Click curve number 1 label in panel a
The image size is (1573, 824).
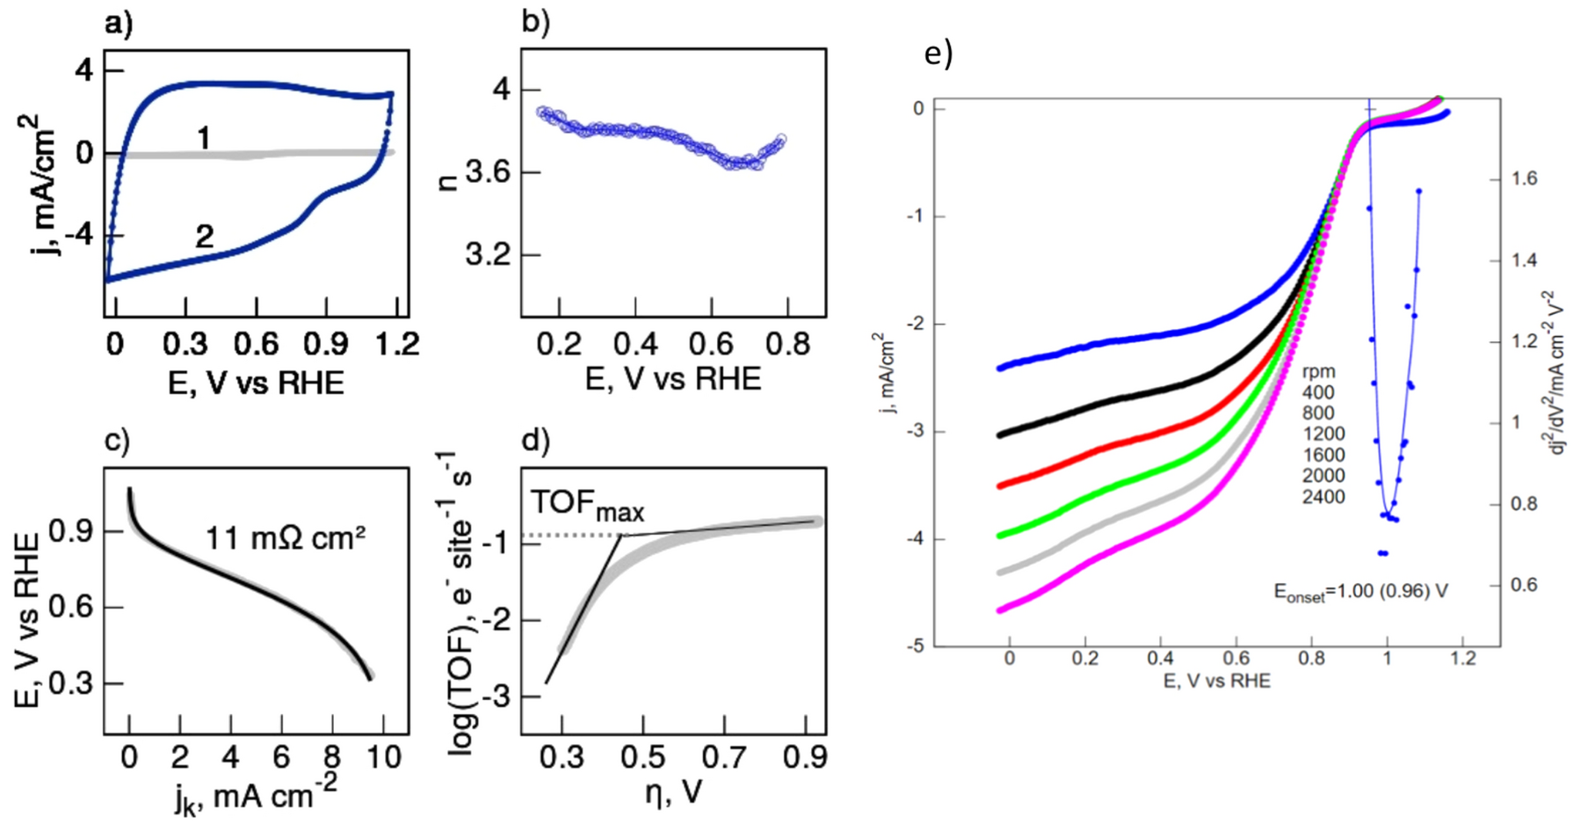204,138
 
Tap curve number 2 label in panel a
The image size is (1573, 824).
204,236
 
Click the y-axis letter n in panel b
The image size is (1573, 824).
451,182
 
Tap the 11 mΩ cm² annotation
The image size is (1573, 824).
286,536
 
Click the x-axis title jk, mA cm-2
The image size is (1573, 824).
256,797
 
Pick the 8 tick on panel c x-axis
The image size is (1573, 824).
332,757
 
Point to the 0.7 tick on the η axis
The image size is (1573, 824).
725,757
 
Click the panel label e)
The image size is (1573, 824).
939,55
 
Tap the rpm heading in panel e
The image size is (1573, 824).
1318,372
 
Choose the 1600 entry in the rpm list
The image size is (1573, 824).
1323,455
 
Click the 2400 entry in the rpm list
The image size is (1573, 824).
1323,497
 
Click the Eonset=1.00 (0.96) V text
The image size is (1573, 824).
1360,592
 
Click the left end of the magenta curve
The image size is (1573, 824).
1000,609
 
